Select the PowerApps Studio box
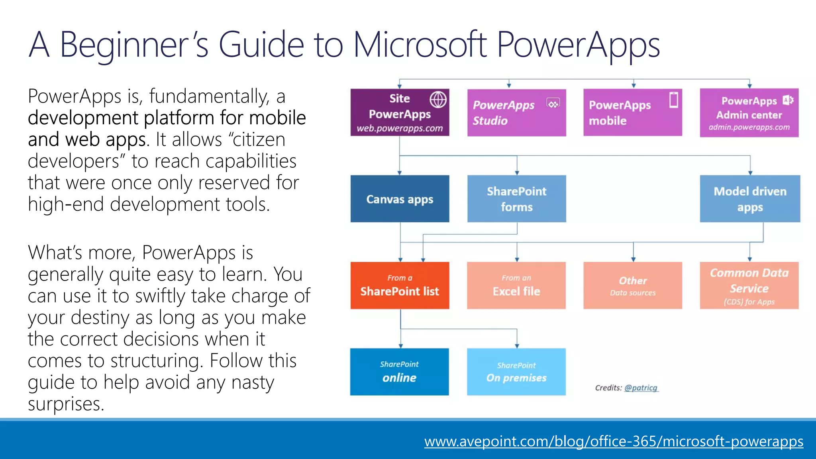(x=516, y=113)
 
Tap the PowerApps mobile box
(x=632, y=113)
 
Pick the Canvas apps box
(x=400, y=199)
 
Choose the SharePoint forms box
(x=516, y=199)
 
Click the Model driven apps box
(x=750, y=199)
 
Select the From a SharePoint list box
(x=400, y=285)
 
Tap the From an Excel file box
(x=516, y=285)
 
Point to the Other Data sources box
(x=632, y=285)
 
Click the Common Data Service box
(x=749, y=285)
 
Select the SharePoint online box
(x=399, y=372)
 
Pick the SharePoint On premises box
(x=516, y=372)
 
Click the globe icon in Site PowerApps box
(x=438, y=100)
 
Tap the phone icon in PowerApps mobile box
(x=673, y=100)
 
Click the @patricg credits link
(x=641, y=388)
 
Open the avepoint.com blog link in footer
(x=614, y=441)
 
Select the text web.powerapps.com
(x=400, y=128)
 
